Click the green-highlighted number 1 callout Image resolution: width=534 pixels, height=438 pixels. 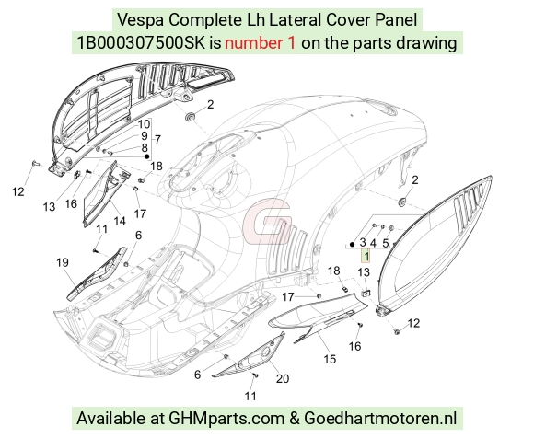(x=366, y=256)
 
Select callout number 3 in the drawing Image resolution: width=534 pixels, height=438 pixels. (x=363, y=242)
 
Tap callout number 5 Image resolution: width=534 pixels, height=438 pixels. (x=386, y=243)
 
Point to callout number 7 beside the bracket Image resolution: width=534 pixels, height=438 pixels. (x=157, y=140)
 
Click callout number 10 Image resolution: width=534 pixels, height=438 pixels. (x=144, y=124)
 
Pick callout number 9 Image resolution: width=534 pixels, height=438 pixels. (x=145, y=136)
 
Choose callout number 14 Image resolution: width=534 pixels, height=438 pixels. (x=120, y=221)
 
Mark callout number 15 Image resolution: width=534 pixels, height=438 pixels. (x=330, y=359)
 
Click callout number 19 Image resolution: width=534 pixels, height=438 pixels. (x=63, y=262)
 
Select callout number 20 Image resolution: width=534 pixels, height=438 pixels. (x=283, y=378)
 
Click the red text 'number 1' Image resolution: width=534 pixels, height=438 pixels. (x=260, y=43)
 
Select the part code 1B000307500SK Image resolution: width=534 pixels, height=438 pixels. (x=142, y=43)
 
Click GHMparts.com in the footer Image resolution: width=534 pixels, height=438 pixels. (x=226, y=419)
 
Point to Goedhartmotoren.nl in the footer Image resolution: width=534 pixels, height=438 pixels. (x=380, y=418)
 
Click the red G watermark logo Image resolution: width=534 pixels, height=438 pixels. (x=267, y=222)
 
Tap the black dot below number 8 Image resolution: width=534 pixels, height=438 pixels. (x=147, y=156)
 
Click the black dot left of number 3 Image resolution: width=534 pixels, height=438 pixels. (x=352, y=245)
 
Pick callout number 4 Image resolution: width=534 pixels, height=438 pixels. (x=373, y=243)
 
